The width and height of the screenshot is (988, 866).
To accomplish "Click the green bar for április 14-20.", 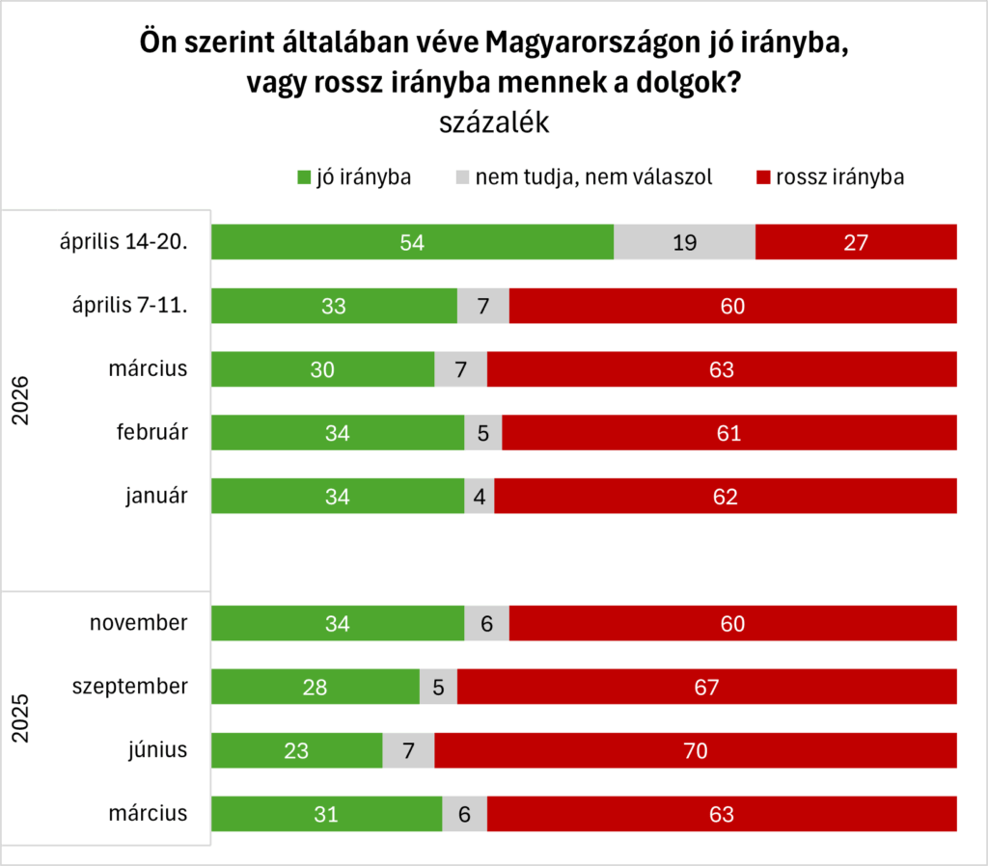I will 412,242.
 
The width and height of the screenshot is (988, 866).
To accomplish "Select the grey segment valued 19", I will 684,242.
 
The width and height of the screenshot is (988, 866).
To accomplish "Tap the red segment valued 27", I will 856,242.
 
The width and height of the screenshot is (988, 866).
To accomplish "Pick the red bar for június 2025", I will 695,750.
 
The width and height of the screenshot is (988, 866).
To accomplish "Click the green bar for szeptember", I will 316,687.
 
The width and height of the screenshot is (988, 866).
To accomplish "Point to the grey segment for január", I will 480,497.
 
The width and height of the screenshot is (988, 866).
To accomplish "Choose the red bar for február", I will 728,433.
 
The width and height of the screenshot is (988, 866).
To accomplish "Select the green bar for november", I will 338,623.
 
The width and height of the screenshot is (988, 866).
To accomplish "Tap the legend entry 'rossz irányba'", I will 830,177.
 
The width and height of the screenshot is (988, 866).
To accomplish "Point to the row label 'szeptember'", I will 131,687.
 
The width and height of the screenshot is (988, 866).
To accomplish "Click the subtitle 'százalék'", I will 494,123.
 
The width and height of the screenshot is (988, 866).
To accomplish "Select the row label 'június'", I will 158,750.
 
